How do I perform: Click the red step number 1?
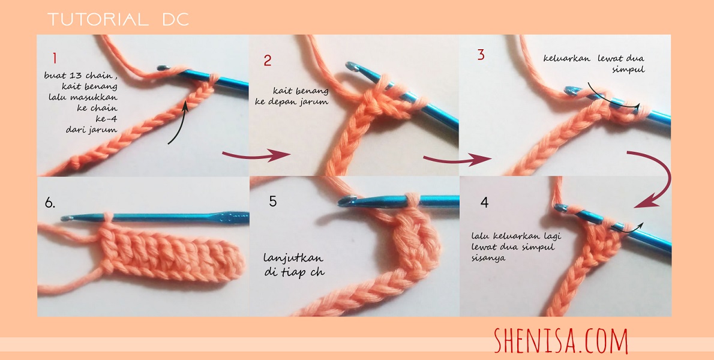coord(54,59)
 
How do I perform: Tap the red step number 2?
coord(268,60)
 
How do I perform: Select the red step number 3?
coord(481,55)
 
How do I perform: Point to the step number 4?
coord(484,202)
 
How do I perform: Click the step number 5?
coord(273,202)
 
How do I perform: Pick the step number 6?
coord(50,203)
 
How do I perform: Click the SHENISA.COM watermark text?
coord(560,341)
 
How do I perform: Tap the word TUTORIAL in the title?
coord(97,20)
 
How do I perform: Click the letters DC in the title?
coord(176,20)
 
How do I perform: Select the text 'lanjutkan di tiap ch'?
coord(294,265)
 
